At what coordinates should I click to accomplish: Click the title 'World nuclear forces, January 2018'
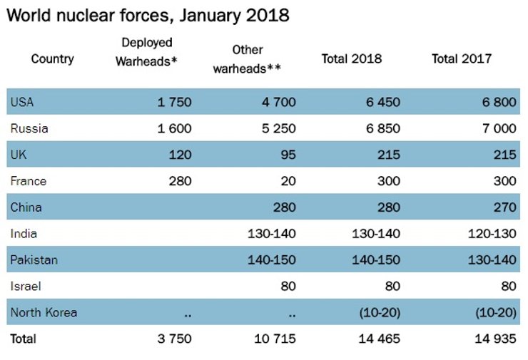(x=148, y=15)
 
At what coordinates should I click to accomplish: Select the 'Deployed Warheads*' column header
(x=146, y=52)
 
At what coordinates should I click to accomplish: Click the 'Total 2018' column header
(x=352, y=58)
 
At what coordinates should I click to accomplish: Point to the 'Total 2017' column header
(x=462, y=58)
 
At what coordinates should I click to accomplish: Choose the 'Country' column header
(x=52, y=58)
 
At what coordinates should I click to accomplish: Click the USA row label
(x=22, y=102)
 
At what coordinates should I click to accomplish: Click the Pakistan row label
(x=34, y=260)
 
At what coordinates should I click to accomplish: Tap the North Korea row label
(x=44, y=312)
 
